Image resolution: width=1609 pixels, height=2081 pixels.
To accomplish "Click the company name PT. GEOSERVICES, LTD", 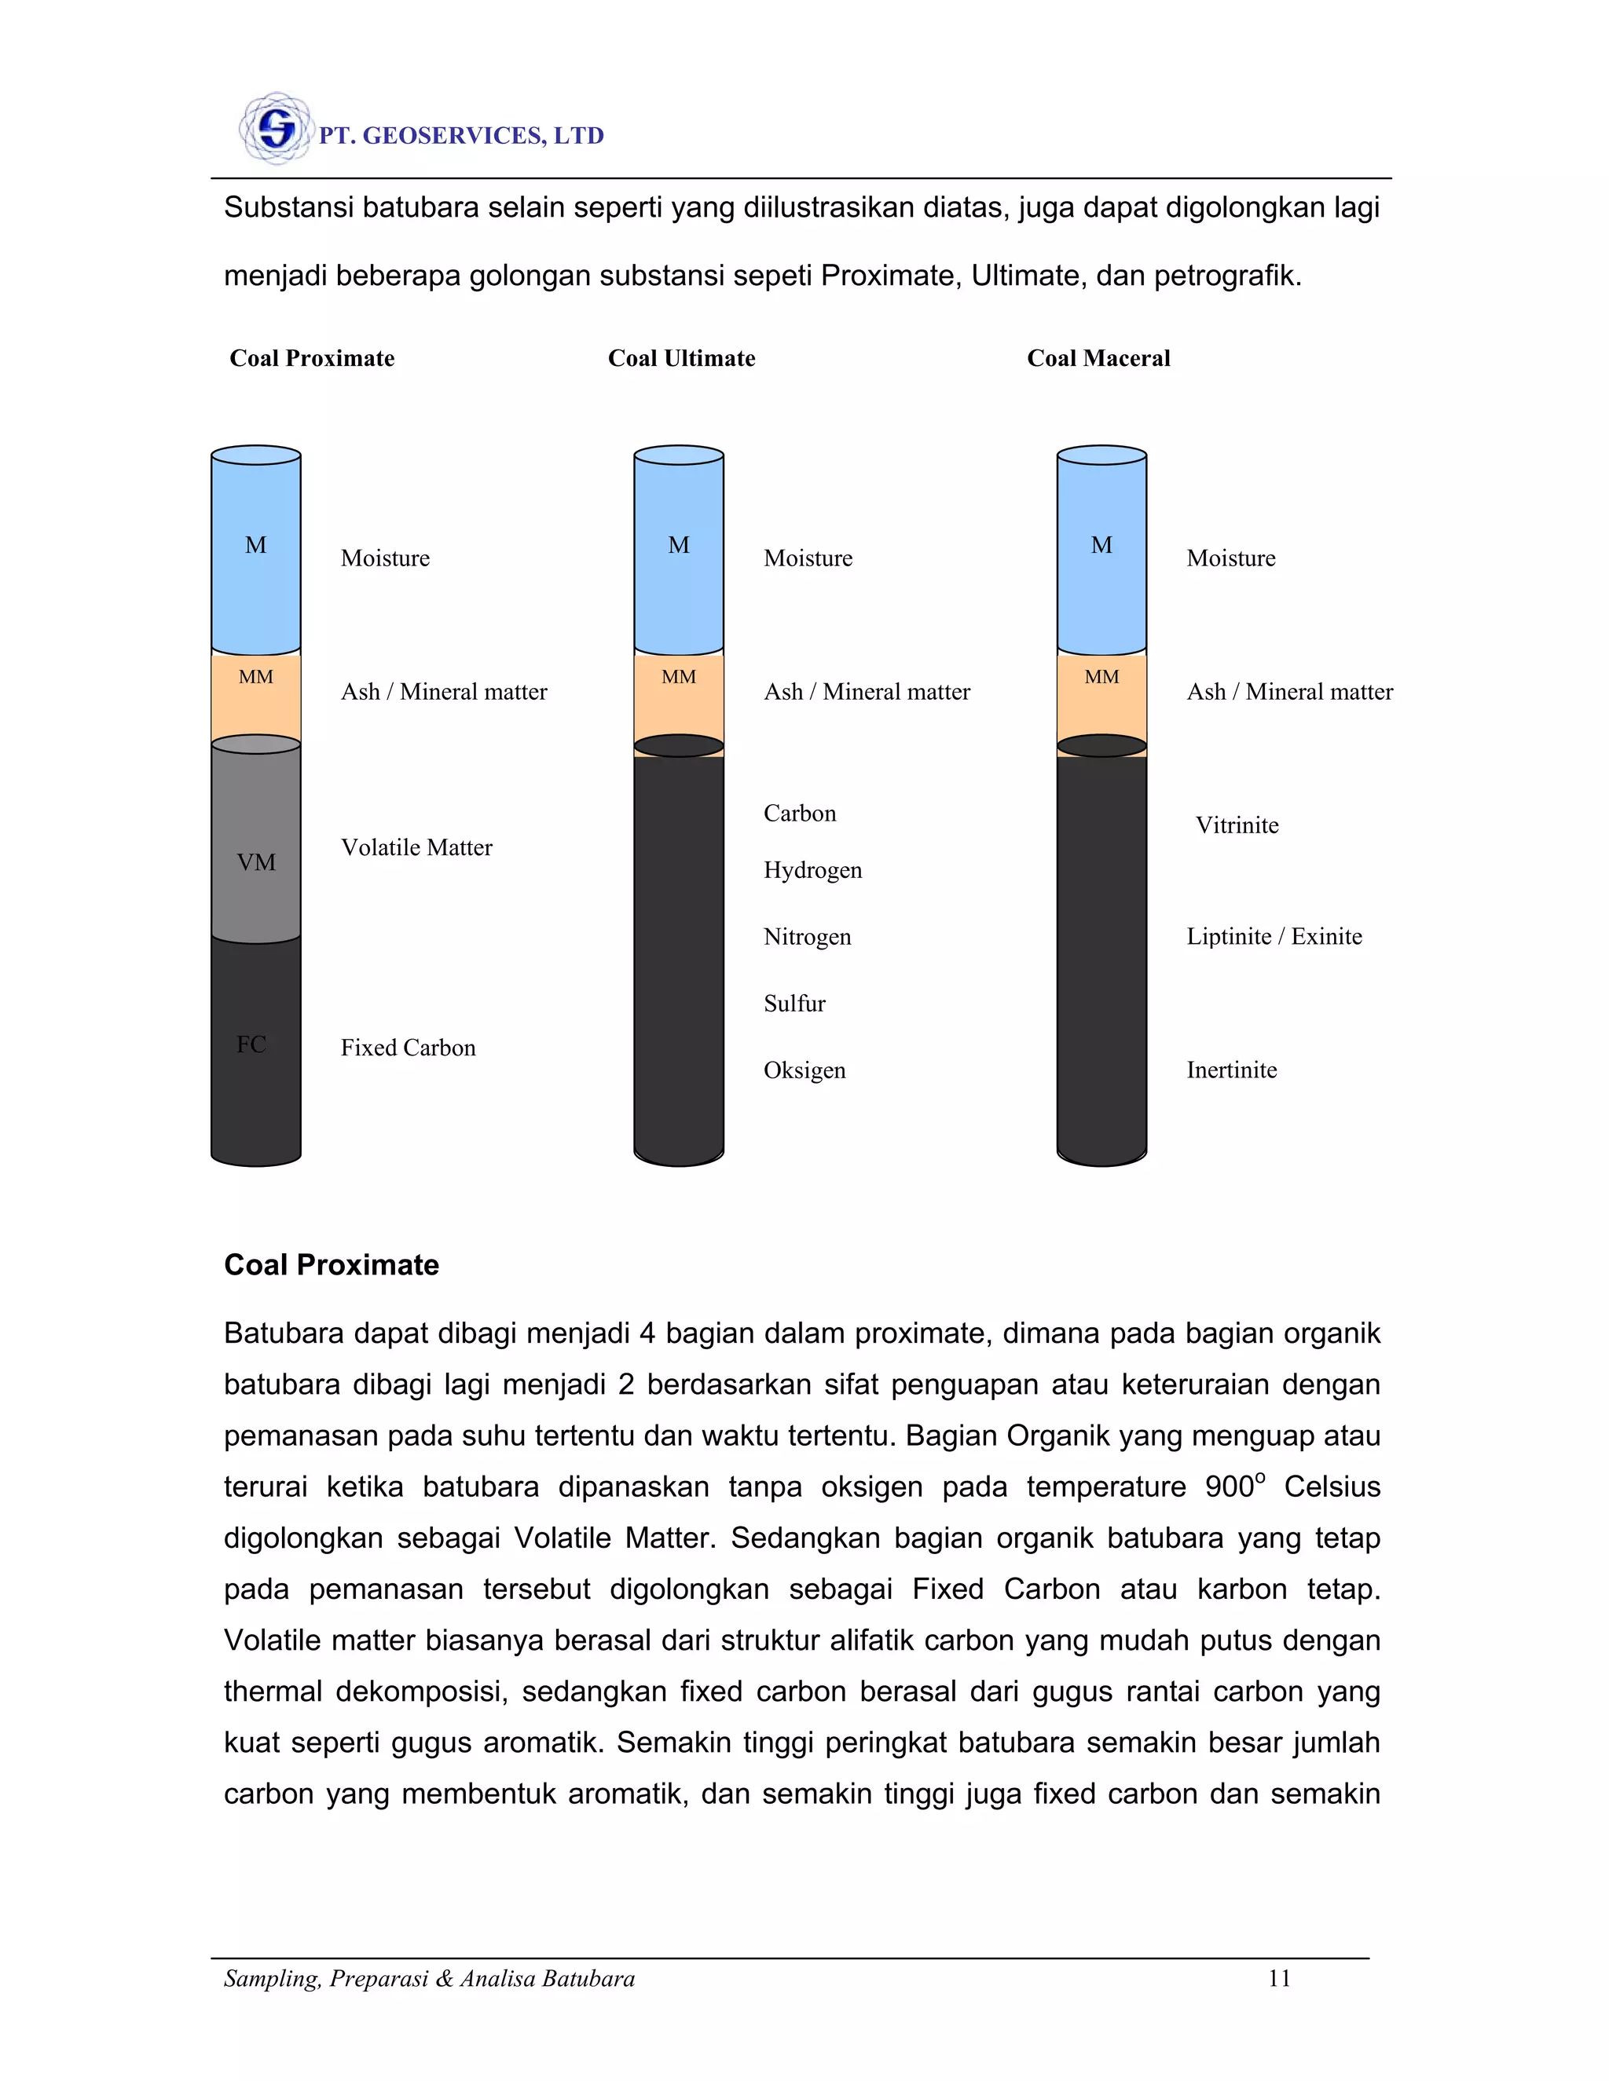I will coord(461,137).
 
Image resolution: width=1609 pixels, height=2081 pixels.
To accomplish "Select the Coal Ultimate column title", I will coord(680,358).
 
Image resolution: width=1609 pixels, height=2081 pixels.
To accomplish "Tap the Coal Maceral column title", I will coord(1098,358).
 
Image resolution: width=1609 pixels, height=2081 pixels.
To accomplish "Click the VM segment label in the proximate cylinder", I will coord(255,862).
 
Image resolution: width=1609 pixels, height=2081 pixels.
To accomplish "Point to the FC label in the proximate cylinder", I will coord(251,1044).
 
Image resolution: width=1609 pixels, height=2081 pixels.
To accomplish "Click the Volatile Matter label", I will coord(416,847).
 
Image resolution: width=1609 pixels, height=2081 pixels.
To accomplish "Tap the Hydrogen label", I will coord(812,870).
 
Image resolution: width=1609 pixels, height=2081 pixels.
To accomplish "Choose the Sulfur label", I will coord(794,1004).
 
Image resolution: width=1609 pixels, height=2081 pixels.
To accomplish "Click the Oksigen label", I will coord(804,1070).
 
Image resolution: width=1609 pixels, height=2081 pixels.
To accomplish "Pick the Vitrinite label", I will coord(1237,825).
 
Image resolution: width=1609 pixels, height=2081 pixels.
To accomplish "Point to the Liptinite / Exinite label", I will coord(1274,937).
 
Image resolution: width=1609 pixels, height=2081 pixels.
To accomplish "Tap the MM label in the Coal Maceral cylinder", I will coord(1101,676).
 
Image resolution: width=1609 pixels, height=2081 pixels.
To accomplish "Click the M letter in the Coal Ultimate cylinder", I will coord(679,545).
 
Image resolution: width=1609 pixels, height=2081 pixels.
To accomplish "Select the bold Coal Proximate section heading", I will coord(331,1264).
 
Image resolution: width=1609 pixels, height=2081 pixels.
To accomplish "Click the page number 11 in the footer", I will coord(1278,1978).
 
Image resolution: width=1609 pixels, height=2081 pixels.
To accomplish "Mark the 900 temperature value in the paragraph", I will coord(1229,1487).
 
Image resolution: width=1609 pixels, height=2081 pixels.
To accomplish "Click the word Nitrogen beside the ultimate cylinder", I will coord(806,937).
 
